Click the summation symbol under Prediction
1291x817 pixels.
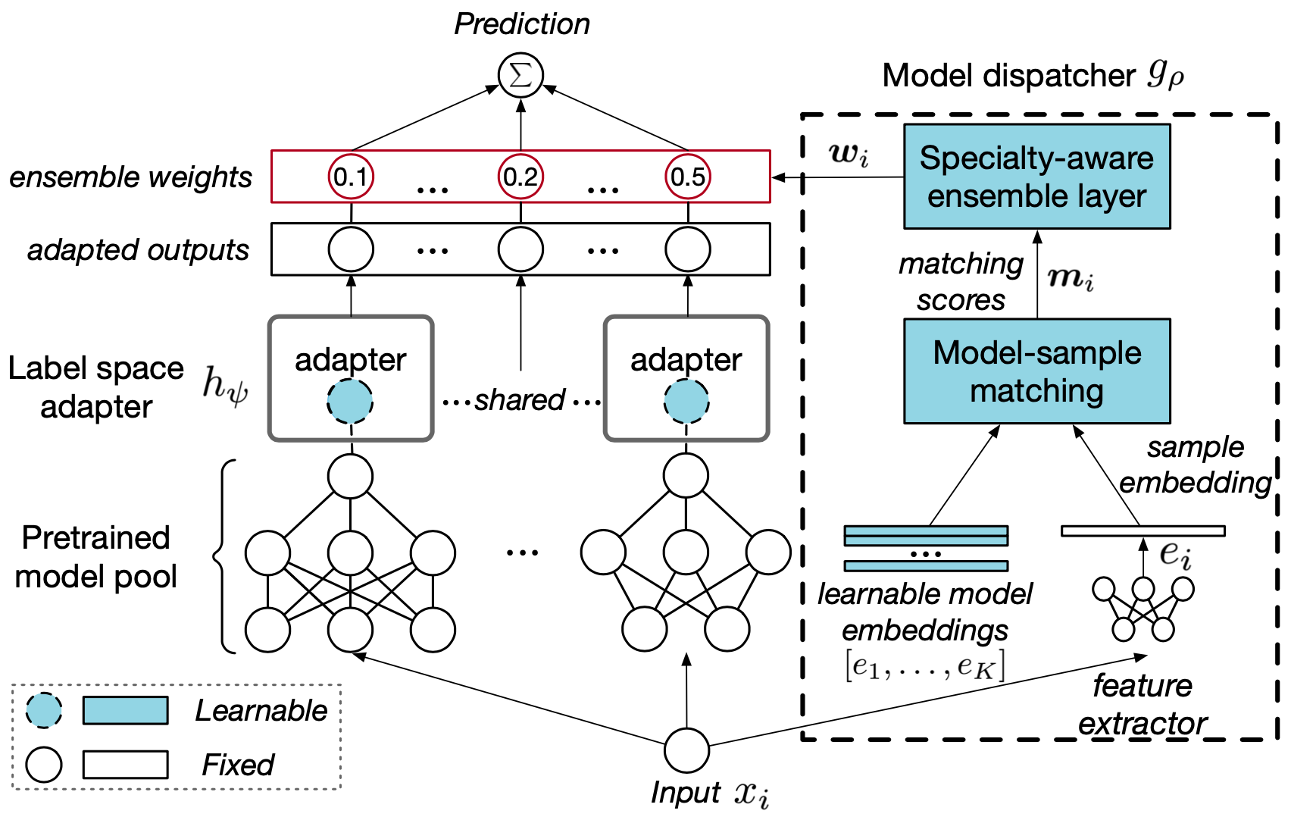click(520, 75)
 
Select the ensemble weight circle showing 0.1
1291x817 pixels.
click(351, 177)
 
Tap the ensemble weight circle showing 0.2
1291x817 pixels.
click(520, 177)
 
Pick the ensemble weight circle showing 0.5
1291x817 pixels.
click(688, 177)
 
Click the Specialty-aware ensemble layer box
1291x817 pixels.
click(1036, 177)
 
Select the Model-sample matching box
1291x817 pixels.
click(1036, 371)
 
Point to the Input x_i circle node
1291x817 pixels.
click(686, 750)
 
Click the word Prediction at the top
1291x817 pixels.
click(521, 24)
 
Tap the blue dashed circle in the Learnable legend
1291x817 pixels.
click(44, 711)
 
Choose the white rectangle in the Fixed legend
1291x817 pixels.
click(125, 765)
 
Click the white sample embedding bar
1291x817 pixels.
click(1143, 531)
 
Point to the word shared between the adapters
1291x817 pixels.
click(520, 400)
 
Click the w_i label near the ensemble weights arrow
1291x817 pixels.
click(849, 154)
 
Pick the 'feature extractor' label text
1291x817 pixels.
click(1143, 705)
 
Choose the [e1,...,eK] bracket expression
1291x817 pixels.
click(924, 666)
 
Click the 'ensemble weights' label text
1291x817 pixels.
click(130, 177)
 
